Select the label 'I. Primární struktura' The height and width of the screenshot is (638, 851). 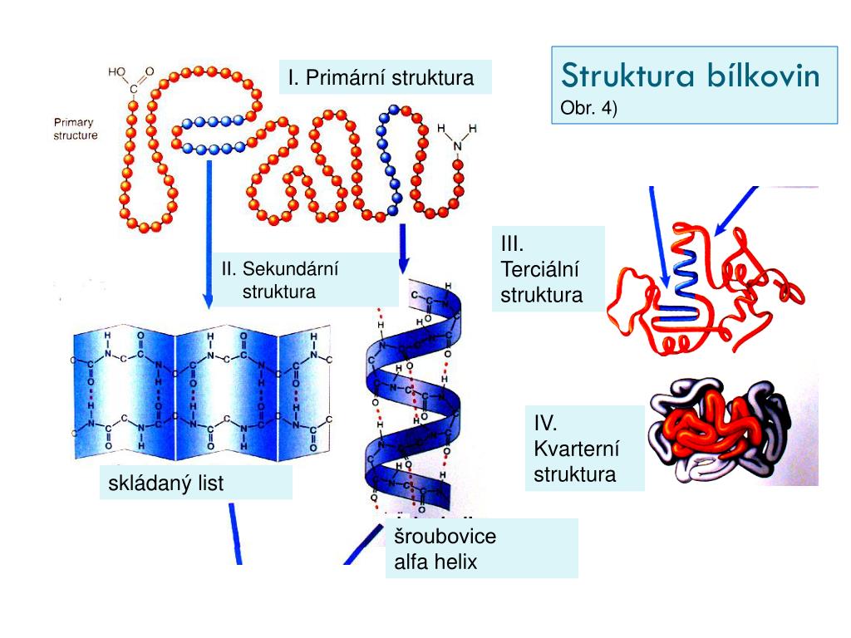coord(381,78)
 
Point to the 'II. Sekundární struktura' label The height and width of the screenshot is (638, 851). coord(280,280)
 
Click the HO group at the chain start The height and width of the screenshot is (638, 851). coord(118,72)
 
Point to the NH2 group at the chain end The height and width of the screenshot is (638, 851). coord(457,137)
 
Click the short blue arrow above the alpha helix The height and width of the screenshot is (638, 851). coord(403,248)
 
